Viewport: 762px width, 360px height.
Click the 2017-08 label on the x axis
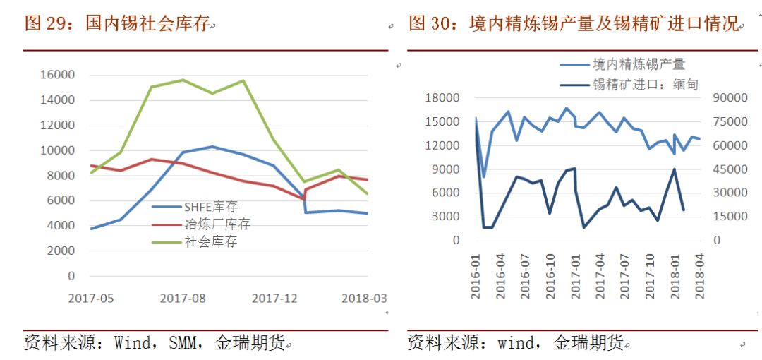(183, 299)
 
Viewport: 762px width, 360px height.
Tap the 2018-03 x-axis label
(364, 299)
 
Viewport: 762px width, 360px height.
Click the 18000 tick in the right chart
(443, 98)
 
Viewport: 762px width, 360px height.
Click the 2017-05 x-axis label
(91, 299)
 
